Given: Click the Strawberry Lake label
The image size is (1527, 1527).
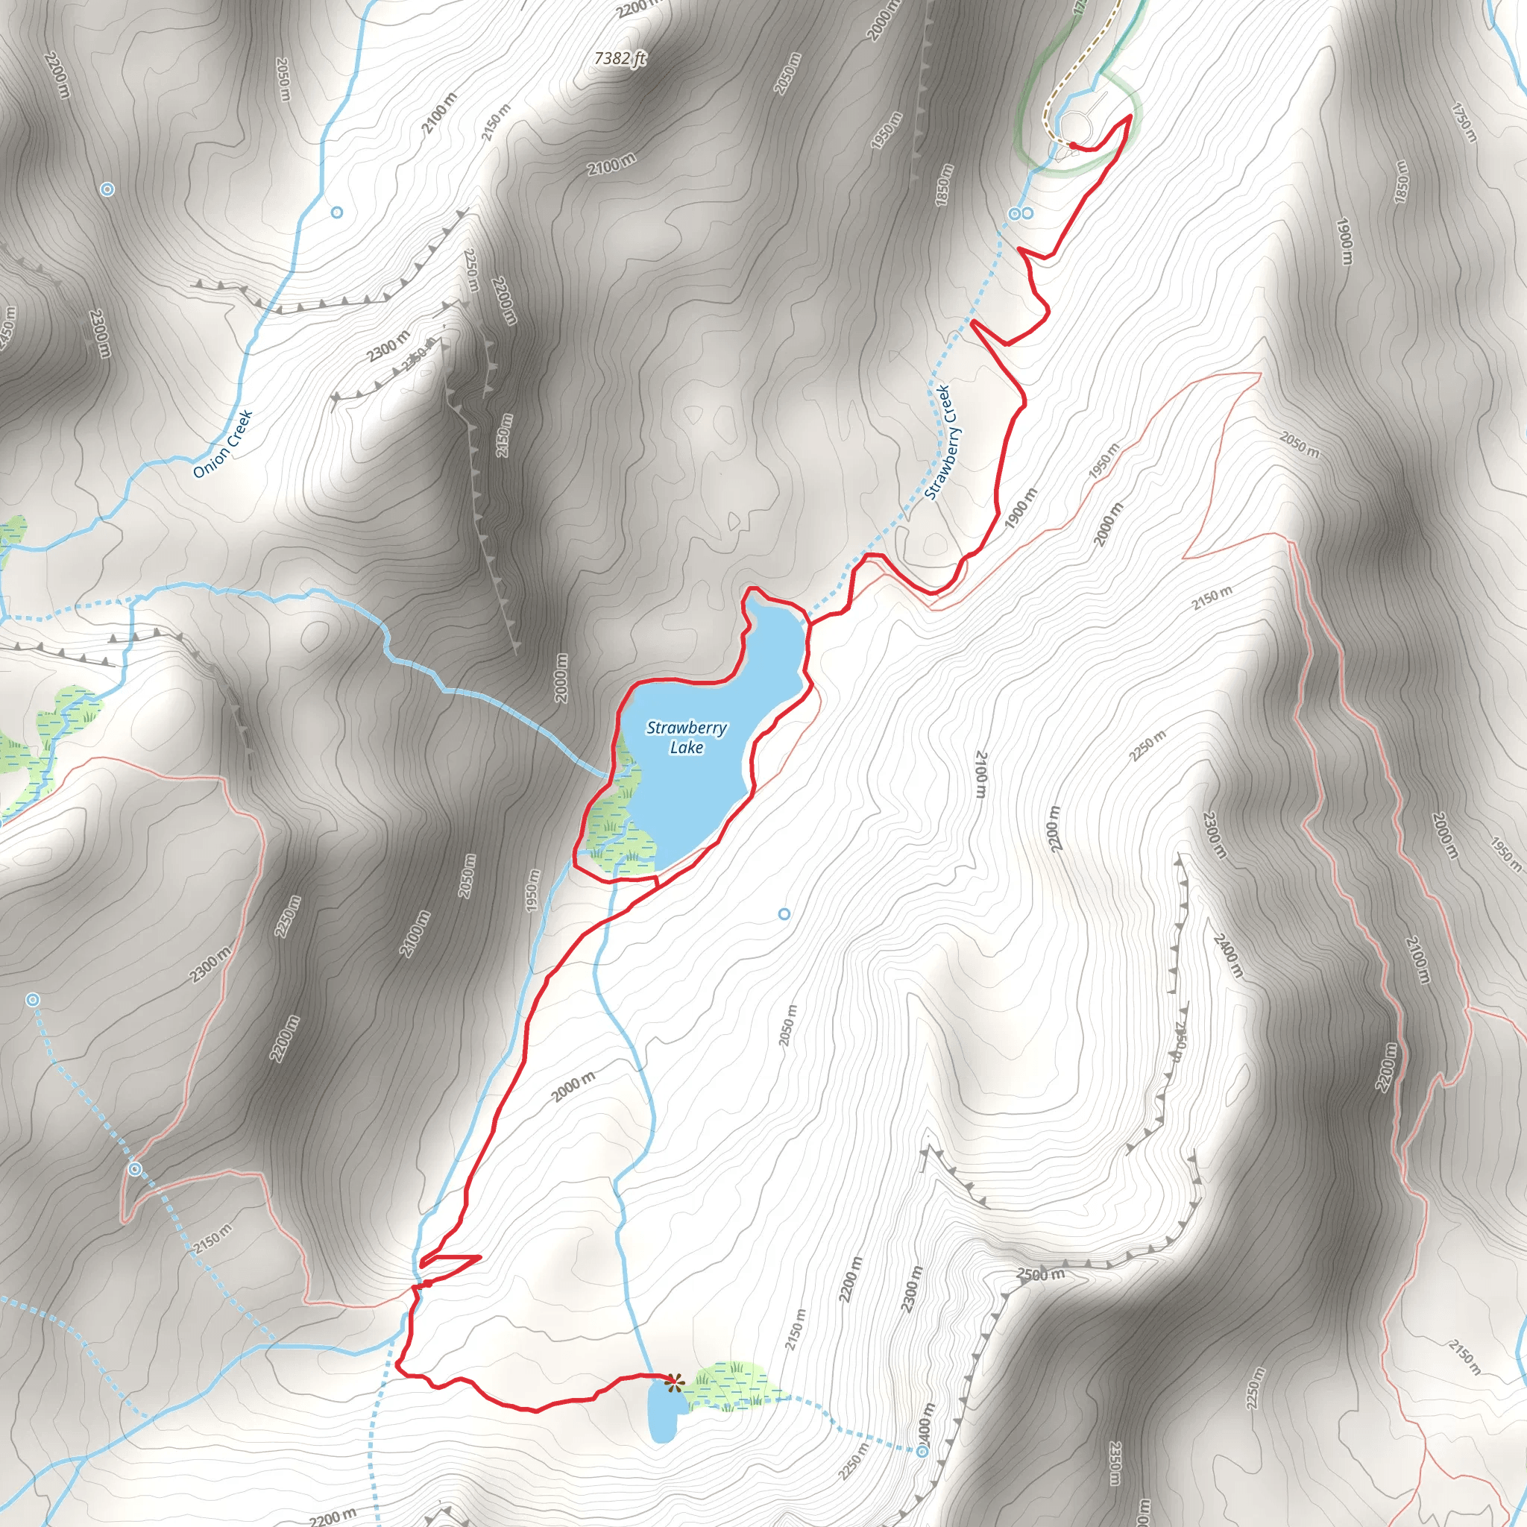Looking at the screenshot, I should (x=686, y=737).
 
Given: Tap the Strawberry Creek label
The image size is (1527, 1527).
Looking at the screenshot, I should (x=939, y=442).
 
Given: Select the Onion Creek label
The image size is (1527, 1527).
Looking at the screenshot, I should (x=223, y=444).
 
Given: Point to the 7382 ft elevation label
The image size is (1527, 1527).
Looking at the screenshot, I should (x=620, y=58).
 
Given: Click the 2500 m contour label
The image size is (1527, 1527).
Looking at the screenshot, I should (x=1040, y=1274).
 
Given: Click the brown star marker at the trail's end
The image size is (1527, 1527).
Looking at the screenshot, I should (x=673, y=1382).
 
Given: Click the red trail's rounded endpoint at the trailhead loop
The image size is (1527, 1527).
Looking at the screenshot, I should (x=1071, y=144).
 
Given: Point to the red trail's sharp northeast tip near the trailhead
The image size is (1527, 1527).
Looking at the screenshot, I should (x=1130, y=116).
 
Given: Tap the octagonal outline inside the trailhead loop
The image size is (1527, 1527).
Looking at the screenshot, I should (x=1074, y=125).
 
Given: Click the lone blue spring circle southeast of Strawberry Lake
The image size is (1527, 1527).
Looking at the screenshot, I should (x=784, y=913).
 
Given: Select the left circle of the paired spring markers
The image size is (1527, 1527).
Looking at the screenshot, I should (x=1014, y=213).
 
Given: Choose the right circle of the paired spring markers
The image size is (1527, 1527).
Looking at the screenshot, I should (x=1027, y=213).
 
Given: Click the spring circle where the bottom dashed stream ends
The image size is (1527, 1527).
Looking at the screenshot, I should (x=922, y=1451).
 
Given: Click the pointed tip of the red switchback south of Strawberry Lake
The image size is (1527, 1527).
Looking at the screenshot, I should (x=479, y=1256).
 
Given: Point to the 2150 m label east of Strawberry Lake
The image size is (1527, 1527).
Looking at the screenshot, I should (x=1212, y=598).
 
